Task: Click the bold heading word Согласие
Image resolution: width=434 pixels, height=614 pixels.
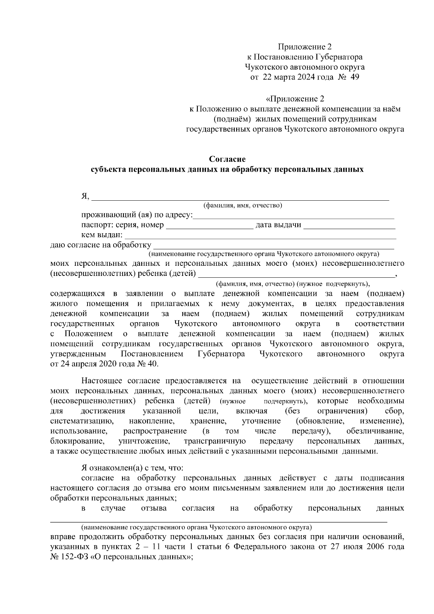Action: [227, 159]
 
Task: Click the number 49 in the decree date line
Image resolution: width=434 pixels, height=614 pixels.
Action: [355, 77]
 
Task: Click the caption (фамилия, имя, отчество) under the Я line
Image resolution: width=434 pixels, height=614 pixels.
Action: [243, 206]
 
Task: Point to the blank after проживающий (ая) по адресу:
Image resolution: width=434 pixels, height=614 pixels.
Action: [294, 216]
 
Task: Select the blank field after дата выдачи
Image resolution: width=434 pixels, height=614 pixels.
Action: [349, 226]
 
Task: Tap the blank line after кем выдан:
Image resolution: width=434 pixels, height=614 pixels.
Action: [260, 236]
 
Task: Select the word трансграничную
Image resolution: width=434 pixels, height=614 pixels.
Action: [215, 441]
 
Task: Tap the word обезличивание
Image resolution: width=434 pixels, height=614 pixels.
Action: [375, 431]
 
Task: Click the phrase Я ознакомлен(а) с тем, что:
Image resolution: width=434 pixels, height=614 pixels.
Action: [132, 468]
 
